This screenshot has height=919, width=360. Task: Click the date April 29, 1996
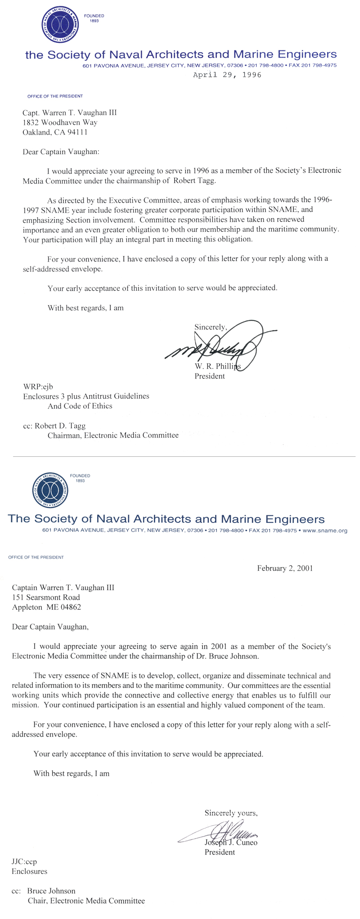[227, 75]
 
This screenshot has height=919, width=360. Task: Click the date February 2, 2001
[285, 568]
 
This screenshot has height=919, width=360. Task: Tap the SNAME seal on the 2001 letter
[51, 490]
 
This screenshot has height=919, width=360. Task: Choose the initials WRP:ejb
[38, 387]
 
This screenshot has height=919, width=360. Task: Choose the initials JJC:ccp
[24, 862]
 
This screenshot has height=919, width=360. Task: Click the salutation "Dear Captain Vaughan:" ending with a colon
[61, 152]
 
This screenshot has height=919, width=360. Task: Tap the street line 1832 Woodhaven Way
[60, 122]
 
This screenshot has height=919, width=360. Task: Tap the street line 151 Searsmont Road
[46, 597]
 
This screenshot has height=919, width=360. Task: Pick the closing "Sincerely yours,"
[231, 813]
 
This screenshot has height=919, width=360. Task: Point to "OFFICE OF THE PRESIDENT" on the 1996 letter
[55, 96]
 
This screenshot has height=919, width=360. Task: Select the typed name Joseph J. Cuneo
[231, 842]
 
